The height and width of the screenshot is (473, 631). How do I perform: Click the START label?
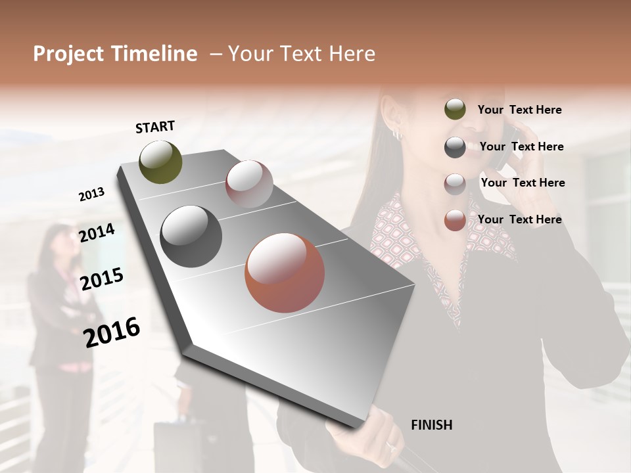(x=155, y=127)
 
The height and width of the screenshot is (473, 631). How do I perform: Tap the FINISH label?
(x=431, y=425)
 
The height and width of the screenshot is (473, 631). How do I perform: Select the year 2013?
(x=91, y=194)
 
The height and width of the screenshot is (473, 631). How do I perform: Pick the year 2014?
(x=97, y=233)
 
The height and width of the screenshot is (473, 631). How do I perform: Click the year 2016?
(x=112, y=332)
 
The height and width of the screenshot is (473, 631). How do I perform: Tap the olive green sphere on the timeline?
(x=161, y=162)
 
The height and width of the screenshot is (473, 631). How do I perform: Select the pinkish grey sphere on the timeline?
(x=249, y=184)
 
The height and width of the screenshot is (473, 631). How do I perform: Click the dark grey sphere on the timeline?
(x=191, y=236)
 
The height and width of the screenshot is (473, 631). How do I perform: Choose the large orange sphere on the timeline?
(x=285, y=273)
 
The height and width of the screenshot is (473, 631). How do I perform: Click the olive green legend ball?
(x=455, y=109)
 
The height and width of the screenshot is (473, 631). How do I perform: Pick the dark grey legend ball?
(x=455, y=147)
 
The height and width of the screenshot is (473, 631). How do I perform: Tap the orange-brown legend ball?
(x=455, y=220)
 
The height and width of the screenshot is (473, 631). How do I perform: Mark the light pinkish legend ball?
(x=455, y=184)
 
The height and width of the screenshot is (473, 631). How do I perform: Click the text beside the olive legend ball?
(x=519, y=110)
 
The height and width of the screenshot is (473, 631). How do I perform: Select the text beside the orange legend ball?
(x=519, y=219)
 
